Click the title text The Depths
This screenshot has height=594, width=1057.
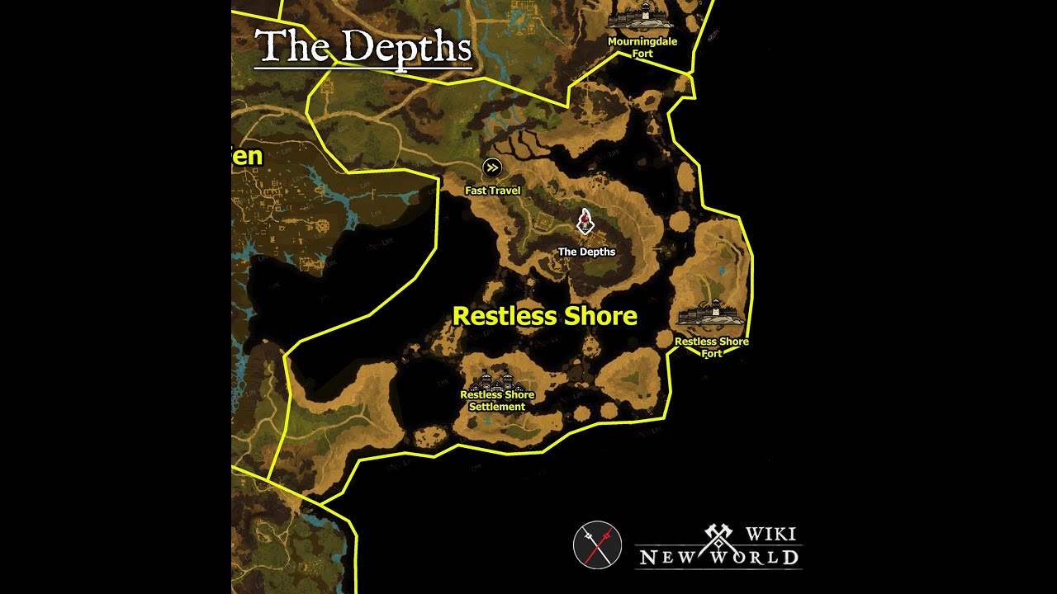[x=363, y=47]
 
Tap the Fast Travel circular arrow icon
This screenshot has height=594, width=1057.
[x=492, y=168]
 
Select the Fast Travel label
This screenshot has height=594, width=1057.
[x=492, y=191]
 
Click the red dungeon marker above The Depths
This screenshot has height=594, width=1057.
[x=585, y=221]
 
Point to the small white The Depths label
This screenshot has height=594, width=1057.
[x=586, y=252]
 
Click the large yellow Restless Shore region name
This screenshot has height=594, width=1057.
[x=545, y=316]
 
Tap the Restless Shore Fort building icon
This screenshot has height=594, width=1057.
[x=711, y=316]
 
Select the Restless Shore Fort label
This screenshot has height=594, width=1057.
[x=712, y=347]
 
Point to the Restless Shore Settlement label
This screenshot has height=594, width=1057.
[x=497, y=400]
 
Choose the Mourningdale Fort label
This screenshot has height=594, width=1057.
[x=642, y=47]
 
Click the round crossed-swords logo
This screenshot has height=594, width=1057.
[x=597, y=545]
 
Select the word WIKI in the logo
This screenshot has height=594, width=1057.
[x=770, y=534]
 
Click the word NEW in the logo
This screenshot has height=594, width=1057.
[x=668, y=557]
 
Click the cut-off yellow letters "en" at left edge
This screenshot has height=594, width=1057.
[x=247, y=156]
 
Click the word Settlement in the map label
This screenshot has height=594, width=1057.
[x=497, y=407]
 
